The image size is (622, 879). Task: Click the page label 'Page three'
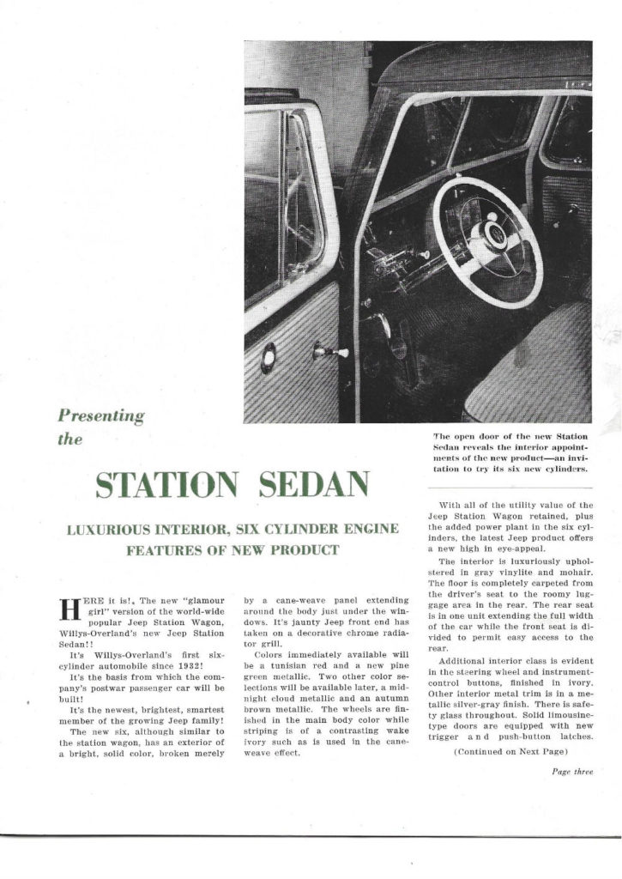[572, 771]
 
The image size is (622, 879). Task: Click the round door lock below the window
[269, 356]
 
